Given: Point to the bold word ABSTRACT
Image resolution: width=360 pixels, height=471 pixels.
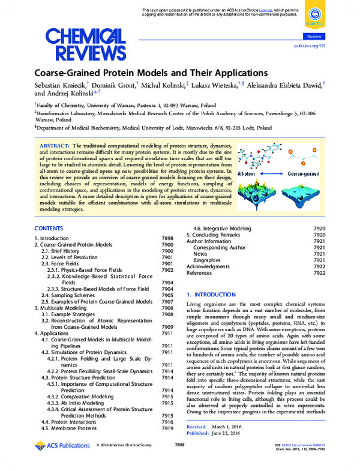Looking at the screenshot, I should point(54,146).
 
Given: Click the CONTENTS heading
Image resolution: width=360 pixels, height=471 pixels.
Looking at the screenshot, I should point(49,229).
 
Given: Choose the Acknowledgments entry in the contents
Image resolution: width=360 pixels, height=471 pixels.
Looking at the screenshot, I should point(208,266).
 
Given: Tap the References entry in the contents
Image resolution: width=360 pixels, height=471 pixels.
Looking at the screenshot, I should point(200,272).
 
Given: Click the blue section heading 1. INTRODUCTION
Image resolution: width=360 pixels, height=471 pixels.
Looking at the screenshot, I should point(211,295).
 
